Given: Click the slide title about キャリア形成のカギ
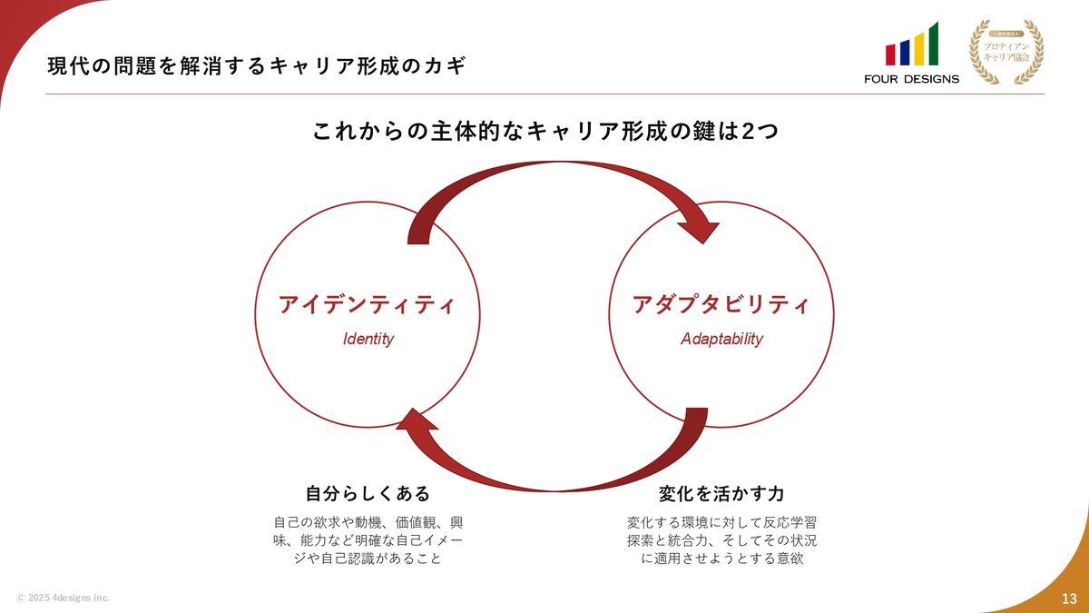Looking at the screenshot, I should click(259, 66).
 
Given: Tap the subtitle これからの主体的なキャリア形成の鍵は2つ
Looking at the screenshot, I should click(544, 132).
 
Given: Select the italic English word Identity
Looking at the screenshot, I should click(368, 340).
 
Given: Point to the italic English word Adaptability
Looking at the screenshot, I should click(721, 340).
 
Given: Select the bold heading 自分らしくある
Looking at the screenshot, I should click(368, 494).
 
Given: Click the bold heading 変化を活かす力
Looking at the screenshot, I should click(721, 494).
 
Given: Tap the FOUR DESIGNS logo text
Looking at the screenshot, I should click(911, 79).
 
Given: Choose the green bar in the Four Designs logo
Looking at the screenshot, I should click(933, 43).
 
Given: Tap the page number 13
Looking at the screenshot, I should click(1068, 597).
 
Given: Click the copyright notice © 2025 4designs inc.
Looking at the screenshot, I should click(63, 598).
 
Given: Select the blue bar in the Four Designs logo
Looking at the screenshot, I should click(905, 52).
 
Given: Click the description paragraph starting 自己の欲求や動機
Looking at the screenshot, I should click(368, 540).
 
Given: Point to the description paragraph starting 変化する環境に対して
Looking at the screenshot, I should click(721, 540).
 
